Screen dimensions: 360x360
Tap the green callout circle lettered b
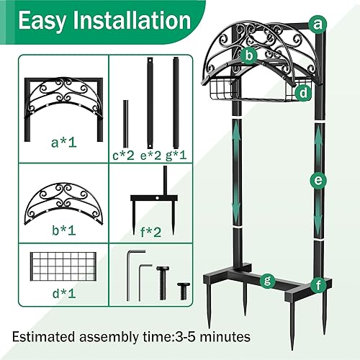(x=250, y=54)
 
